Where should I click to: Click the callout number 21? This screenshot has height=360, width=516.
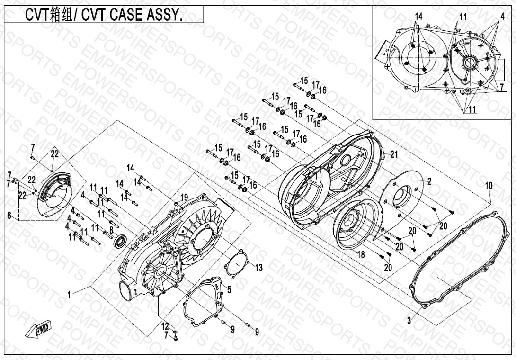[394, 154]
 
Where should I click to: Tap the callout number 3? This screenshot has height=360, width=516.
[409, 320]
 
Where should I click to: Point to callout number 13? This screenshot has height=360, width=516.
[259, 268]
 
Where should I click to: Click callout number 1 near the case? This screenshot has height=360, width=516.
[69, 295]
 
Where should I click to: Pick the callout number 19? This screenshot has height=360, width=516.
[184, 198]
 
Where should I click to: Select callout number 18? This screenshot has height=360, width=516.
[361, 254]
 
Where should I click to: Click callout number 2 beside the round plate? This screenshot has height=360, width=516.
[429, 181]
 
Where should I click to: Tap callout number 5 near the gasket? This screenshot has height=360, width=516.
[229, 290]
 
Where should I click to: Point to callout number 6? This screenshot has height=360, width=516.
[9, 216]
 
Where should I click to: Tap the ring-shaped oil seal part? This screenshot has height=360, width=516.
[120, 241]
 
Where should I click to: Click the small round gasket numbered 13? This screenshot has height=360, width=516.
[236, 265]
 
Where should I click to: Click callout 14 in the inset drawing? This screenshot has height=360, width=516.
[418, 16]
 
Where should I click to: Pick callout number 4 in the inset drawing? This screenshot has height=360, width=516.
[502, 16]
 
